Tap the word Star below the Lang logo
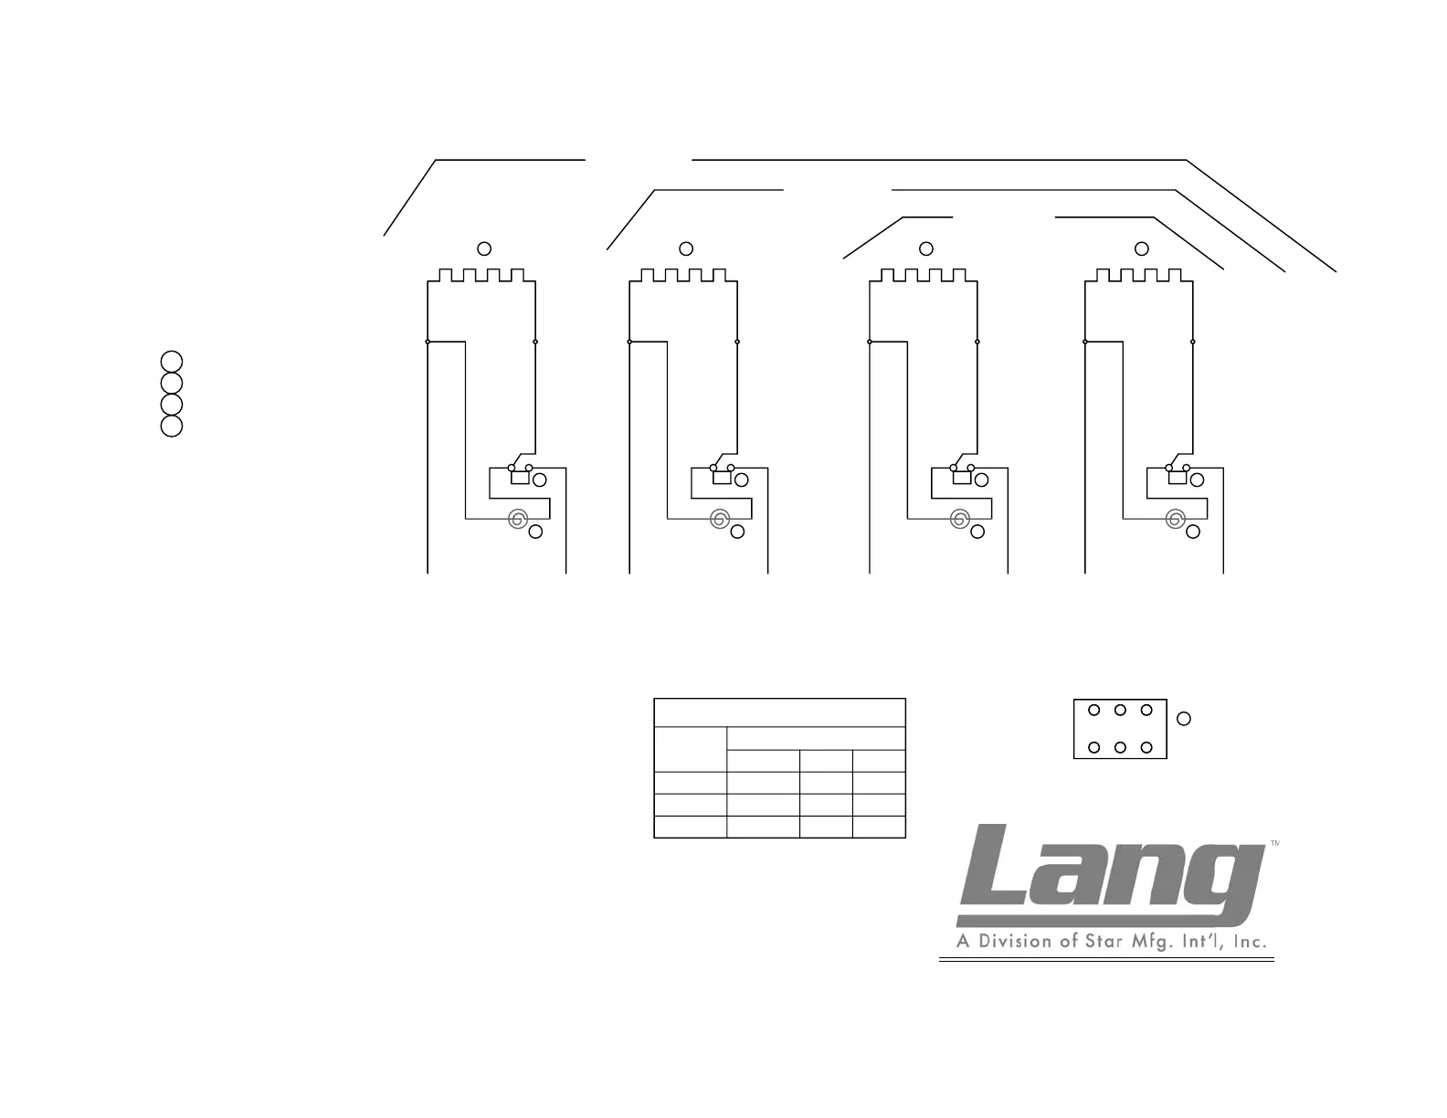(1101, 941)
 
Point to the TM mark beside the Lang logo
(1274, 845)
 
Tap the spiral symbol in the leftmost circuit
(517, 520)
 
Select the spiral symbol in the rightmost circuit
(1175, 520)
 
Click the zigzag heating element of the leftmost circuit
(481, 275)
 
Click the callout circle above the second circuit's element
(687, 248)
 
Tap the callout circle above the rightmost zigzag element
(1141, 248)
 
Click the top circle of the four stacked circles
(172, 361)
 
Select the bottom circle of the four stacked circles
(172, 427)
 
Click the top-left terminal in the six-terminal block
(1093, 710)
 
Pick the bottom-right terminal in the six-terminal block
(1147, 748)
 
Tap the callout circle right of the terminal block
(1184, 719)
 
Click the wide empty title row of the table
(779, 713)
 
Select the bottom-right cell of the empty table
(879, 827)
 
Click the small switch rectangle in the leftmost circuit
(520, 477)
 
